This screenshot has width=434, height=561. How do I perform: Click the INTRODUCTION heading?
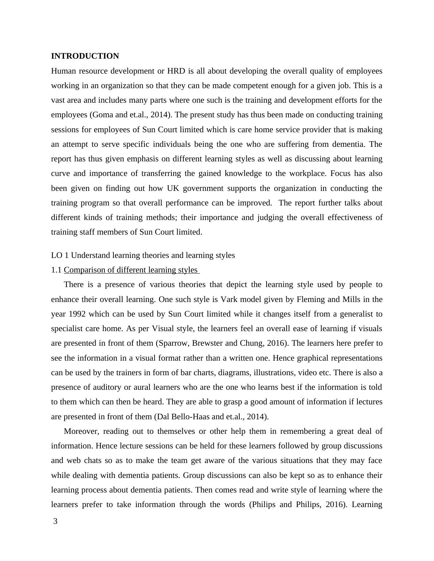[85, 56]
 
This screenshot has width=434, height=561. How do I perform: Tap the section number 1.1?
[56, 270]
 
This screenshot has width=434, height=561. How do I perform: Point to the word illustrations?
[274, 373]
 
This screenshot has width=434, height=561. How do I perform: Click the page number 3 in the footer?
[55, 521]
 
